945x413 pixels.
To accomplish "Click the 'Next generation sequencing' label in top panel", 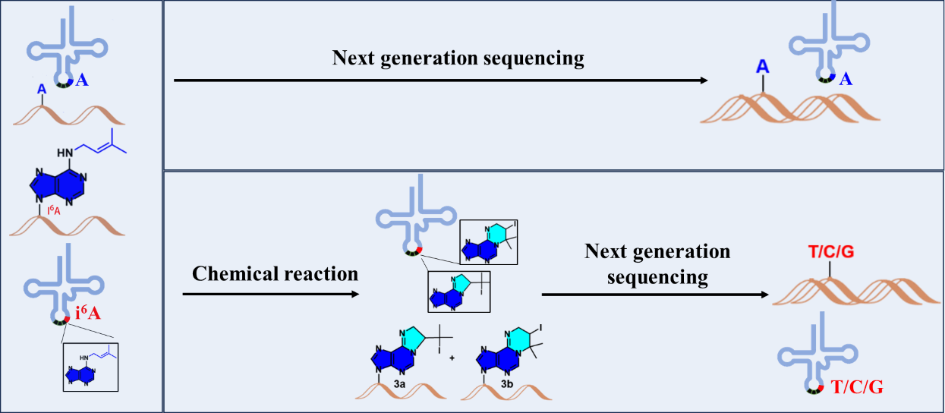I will coord(458,58).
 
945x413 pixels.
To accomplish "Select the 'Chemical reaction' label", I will coord(275,273).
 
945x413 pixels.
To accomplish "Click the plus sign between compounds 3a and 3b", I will coord(452,358).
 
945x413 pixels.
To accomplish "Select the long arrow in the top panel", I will coord(440,80).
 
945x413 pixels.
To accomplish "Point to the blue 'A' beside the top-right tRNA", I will coord(845,80).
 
